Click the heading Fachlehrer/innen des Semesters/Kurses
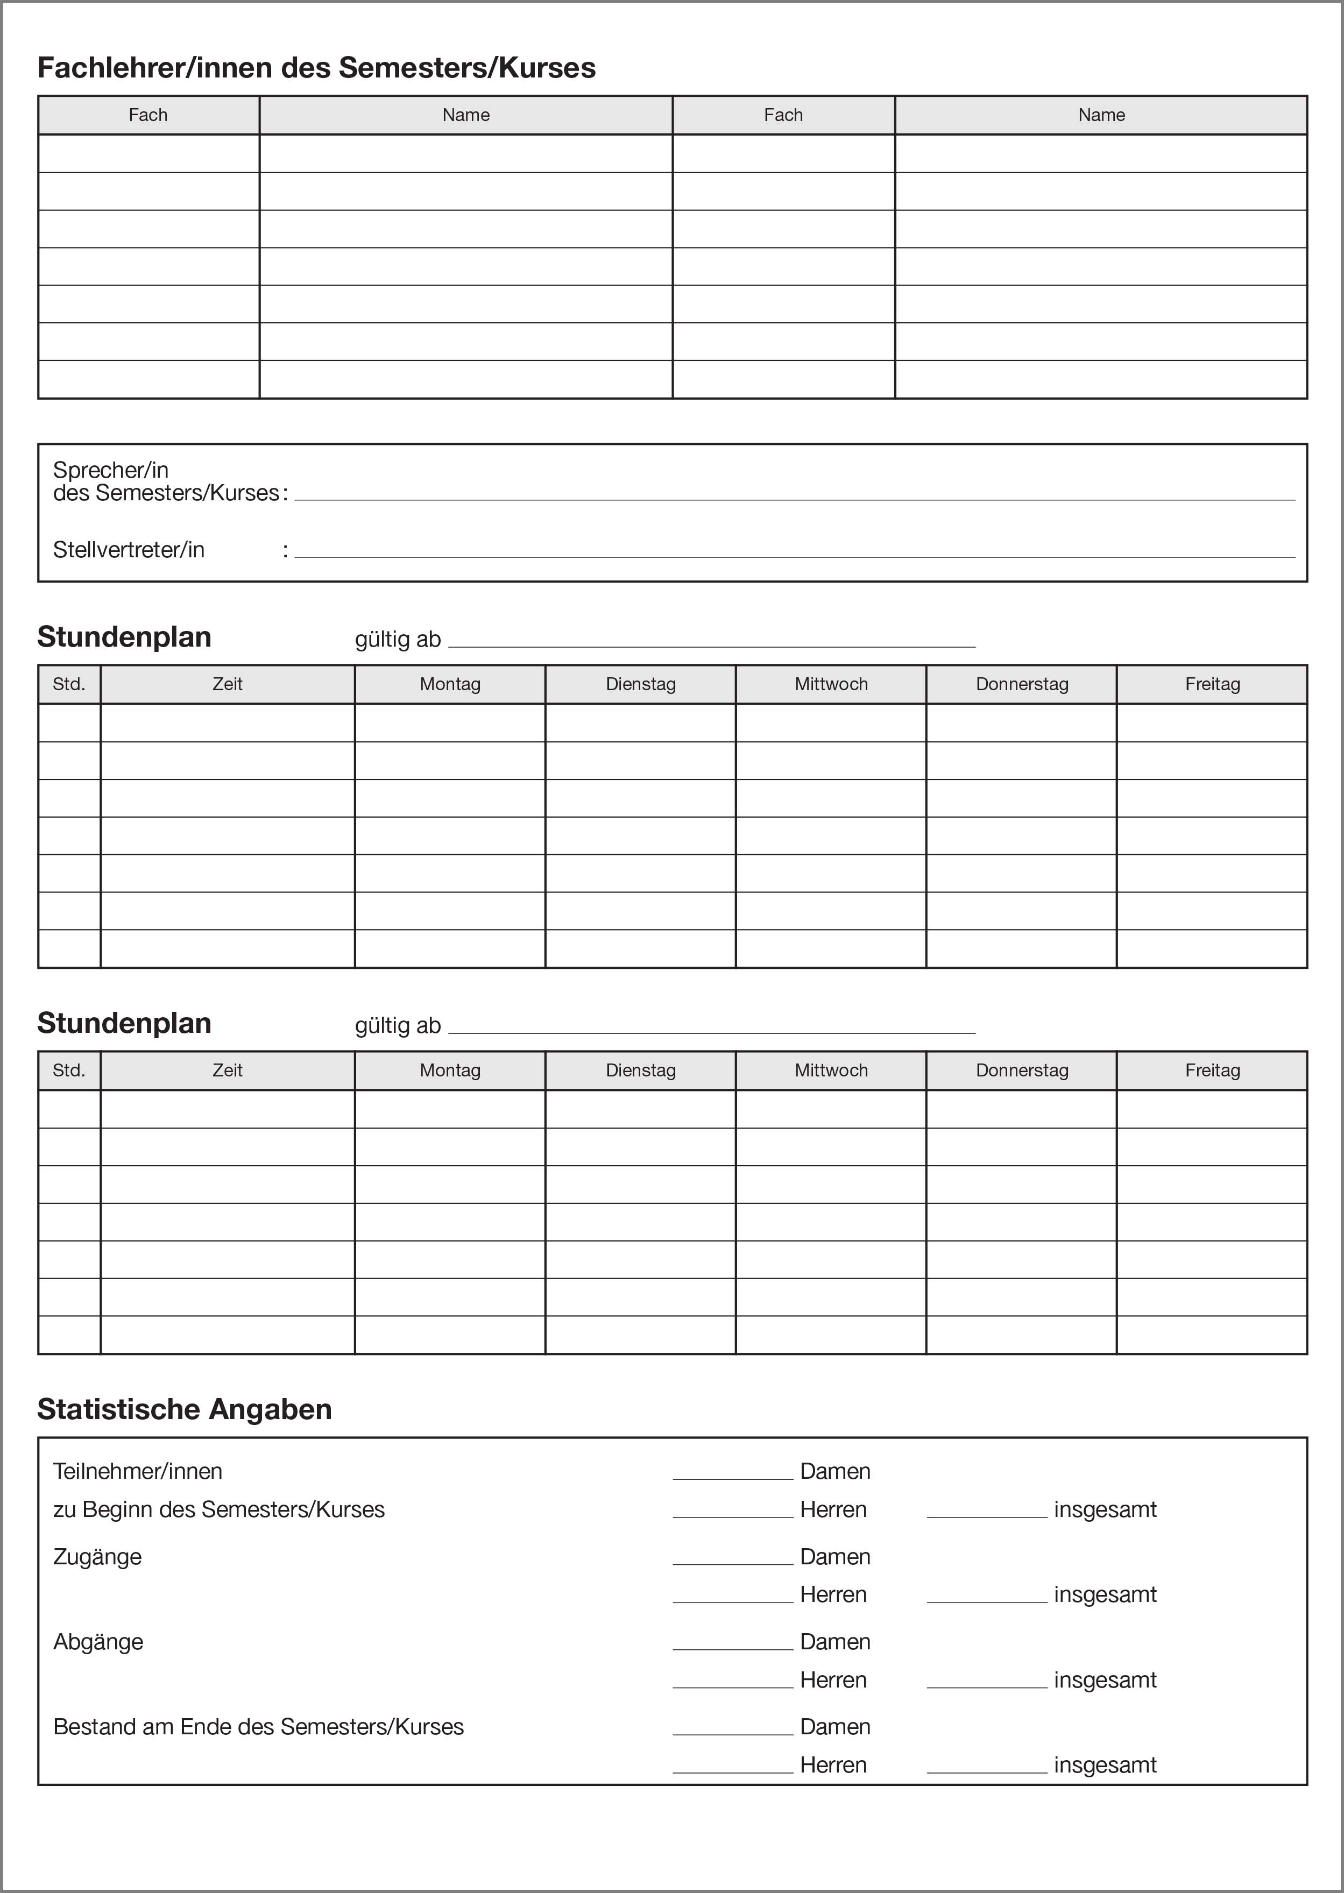(x=316, y=68)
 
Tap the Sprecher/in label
(x=111, y=470)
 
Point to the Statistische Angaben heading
(x=185, y=1409)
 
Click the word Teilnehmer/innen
(x=137, y=1472)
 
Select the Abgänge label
(x=98, y=1642)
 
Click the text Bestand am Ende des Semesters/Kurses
(x=258, y=1727)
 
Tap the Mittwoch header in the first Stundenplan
(x=831, y=684)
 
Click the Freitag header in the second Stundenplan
(x=1212, y=1070)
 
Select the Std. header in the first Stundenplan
(x=69, y=684)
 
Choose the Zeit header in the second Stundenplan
(x=228, y=1070)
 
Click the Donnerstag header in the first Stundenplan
(x=1022, y=684)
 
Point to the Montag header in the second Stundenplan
(x=450, y=1070)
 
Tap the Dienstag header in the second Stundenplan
(x=641, y=1070)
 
